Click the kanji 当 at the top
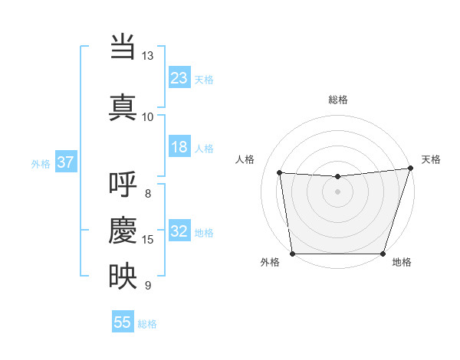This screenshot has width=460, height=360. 123,47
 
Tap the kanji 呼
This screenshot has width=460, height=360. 123,185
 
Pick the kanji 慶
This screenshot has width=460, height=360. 123,230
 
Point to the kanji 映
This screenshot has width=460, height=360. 123,276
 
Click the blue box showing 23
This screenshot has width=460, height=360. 179,78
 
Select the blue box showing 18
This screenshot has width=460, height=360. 179,147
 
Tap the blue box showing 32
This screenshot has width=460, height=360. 179,231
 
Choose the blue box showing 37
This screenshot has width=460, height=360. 65,162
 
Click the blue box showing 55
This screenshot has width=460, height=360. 123,322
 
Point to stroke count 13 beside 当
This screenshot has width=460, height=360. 147,56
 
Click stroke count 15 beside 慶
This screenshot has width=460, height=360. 148,240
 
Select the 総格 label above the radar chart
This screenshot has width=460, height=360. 337,100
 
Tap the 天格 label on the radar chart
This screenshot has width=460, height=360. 431,159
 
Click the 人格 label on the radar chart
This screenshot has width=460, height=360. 245,159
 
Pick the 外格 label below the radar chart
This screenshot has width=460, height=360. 270,263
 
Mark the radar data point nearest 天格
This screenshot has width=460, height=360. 410,169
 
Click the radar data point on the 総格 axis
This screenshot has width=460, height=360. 337,177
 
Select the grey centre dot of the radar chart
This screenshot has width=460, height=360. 337,191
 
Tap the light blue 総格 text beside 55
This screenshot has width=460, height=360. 147,324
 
